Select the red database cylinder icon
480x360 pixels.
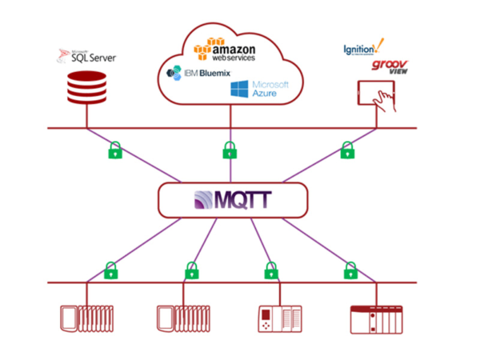pos(87,88)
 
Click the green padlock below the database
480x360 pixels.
pos(115,149)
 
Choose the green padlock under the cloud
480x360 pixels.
pos(230,149)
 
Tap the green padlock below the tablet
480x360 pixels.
pos(347,149)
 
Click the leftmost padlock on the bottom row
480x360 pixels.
pos(111,270)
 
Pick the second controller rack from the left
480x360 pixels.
pos(185,318)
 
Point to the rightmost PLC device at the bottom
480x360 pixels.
pos(375,318)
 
